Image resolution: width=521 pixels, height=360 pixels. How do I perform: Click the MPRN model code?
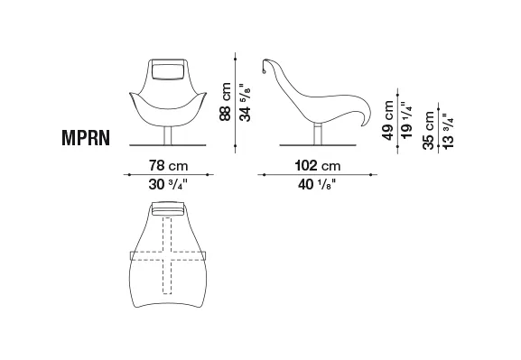(86, 137)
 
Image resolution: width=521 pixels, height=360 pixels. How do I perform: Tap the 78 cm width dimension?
(169, 165)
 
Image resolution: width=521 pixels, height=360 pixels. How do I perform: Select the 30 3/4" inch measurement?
(168, 184)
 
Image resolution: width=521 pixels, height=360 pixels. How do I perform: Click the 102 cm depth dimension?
(318, 165)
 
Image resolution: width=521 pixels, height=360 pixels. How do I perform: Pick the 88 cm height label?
(225, 102)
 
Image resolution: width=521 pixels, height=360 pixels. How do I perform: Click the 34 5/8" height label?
(245, 102)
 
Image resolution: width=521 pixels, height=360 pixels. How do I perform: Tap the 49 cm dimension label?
(387, 120)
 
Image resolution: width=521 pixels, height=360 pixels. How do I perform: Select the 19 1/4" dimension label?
(406, 120)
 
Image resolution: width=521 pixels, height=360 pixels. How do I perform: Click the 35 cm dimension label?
(429, 130)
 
